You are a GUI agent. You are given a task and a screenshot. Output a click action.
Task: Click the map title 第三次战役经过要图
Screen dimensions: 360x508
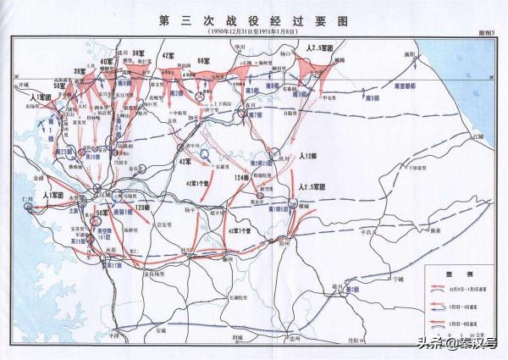point(253,19)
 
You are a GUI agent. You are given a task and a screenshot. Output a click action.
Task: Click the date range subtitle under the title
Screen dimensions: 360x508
point(253,31)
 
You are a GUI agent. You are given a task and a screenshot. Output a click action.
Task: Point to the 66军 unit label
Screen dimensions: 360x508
point(202,61)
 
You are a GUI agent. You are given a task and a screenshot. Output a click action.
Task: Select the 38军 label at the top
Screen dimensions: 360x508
point(141,54)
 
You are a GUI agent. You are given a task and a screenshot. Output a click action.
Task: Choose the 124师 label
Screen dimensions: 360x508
point(243,175)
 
